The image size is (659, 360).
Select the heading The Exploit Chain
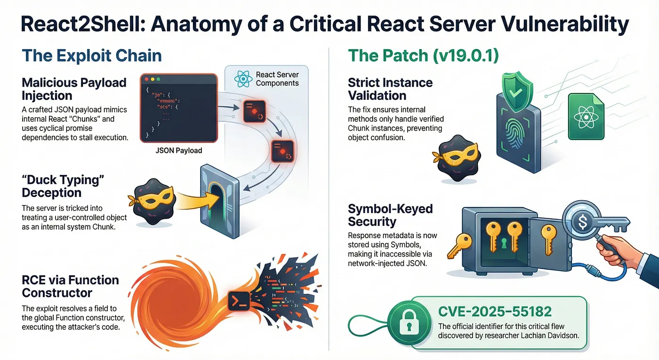[x=92, y=56]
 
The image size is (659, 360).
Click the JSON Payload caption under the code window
[x=178, y=151]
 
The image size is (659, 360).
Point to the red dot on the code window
[x=147, y=80]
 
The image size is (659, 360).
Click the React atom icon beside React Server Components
[x=243, y=79]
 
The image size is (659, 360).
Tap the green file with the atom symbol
[x=586, y=116]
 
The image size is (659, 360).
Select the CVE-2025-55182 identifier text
[x=495, y=312]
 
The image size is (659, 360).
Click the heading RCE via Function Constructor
[x=70, y=286]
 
